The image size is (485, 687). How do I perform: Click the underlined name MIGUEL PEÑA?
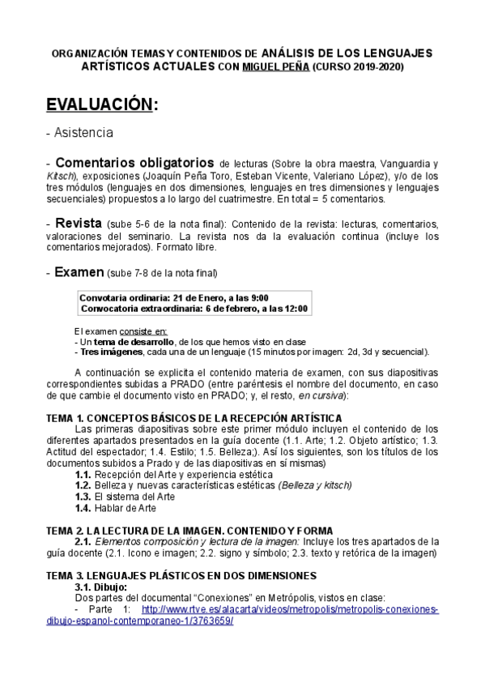pos(275,66)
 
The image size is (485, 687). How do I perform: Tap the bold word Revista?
pos(78,222)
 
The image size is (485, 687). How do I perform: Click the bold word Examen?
pos(79,272)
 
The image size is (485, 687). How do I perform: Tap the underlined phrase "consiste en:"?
pos(143,331)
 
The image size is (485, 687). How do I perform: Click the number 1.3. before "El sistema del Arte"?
pos(83,496)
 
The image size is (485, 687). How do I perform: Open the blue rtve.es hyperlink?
pos(290,608)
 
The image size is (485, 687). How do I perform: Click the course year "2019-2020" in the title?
pos(373,66)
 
